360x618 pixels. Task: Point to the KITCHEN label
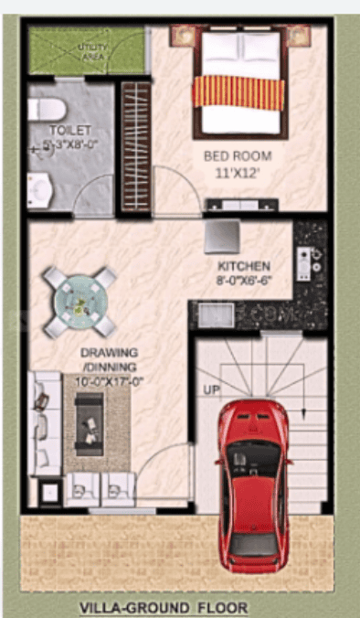[x=243, y=266]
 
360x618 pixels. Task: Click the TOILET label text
[x=69, y=130]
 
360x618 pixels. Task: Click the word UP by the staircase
[x=210, y=390]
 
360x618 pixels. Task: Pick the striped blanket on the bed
[x=240, y=91]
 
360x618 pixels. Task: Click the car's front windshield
[x=256, y=454]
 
